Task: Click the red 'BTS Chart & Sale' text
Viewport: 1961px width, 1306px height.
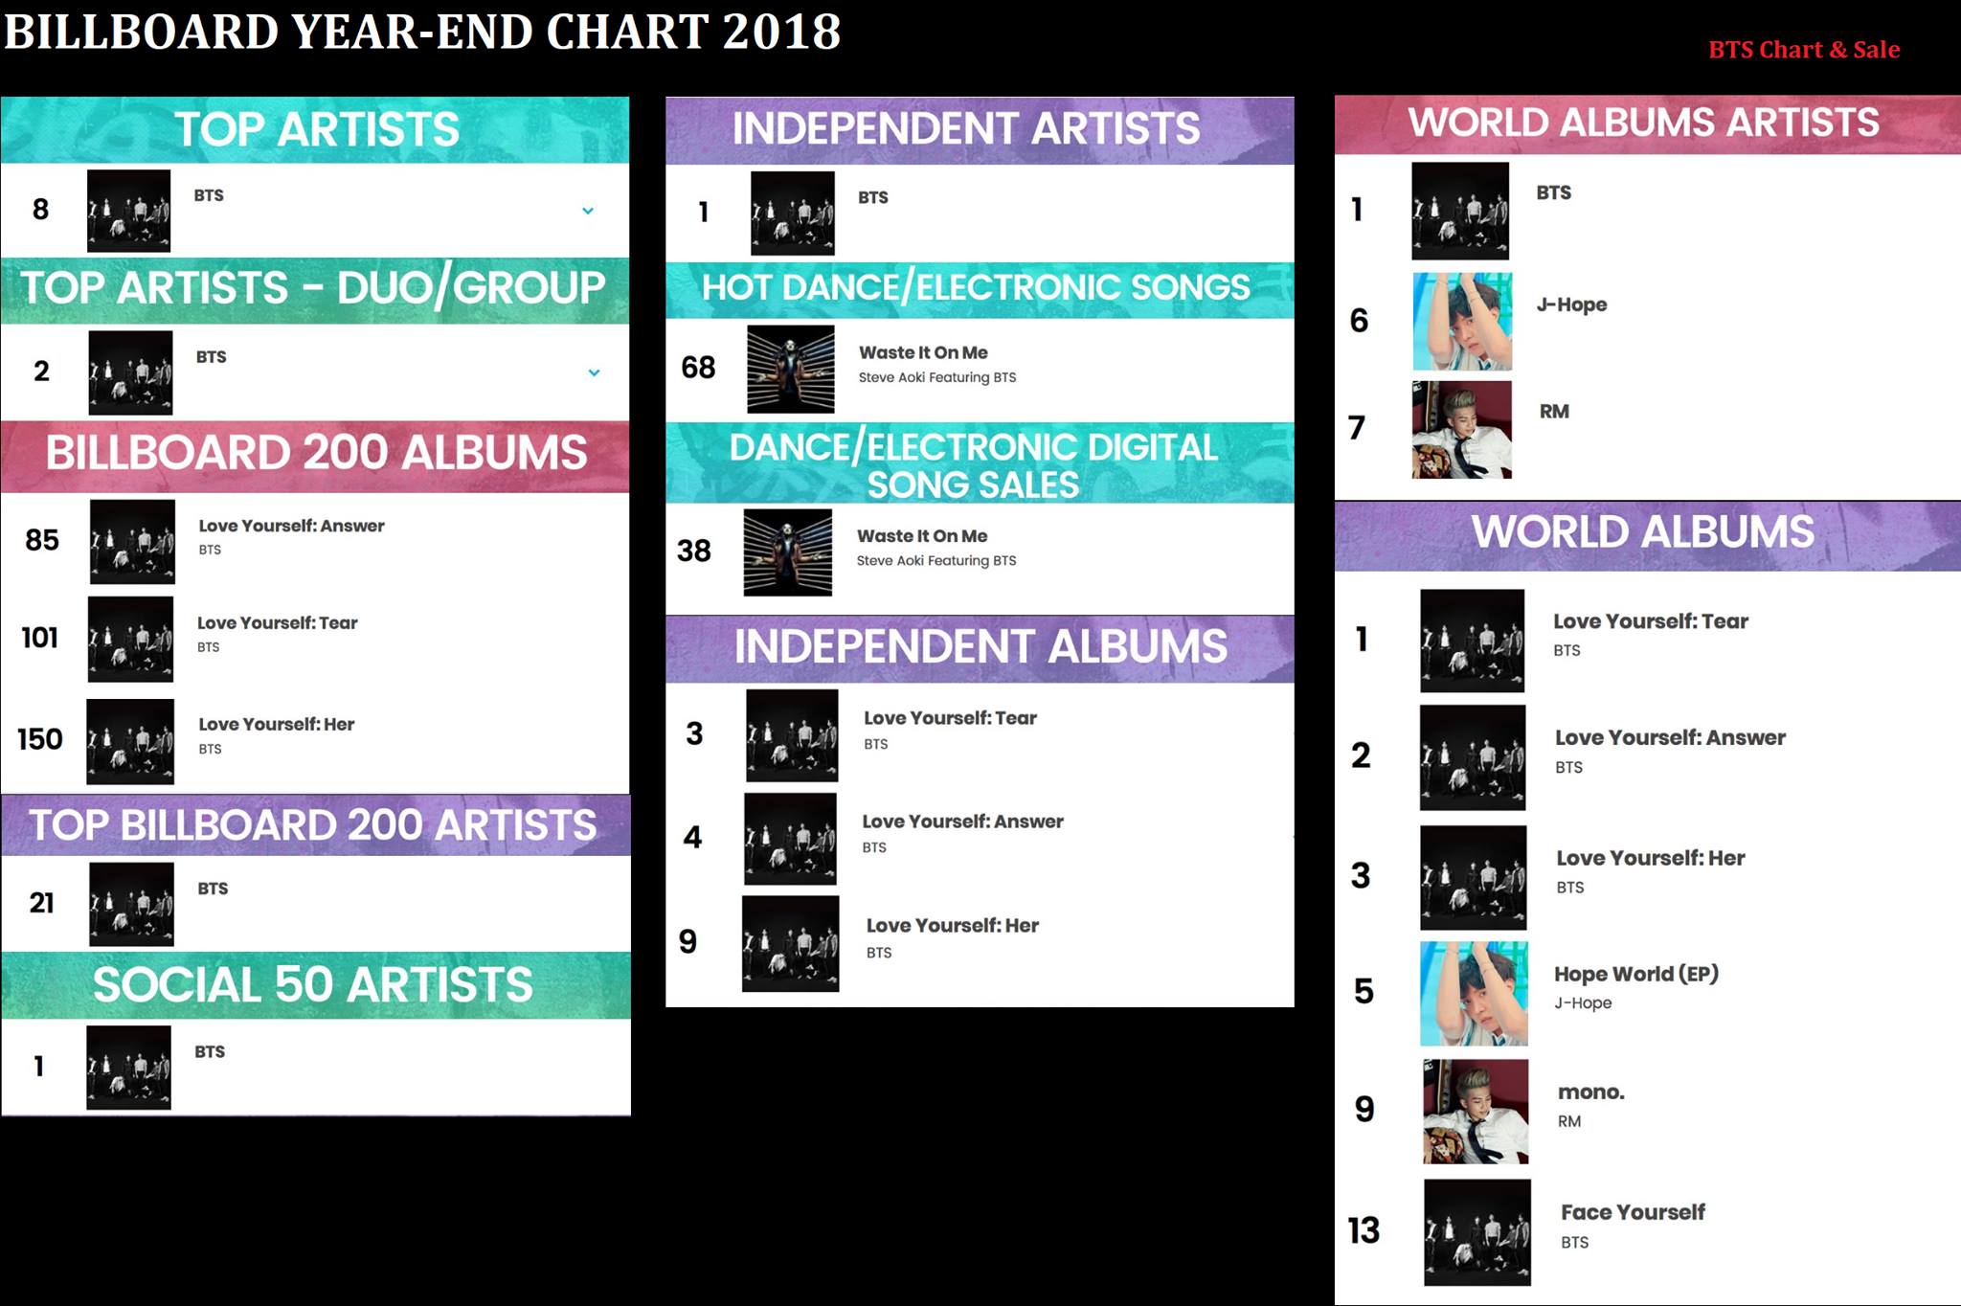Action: pos(1804,50)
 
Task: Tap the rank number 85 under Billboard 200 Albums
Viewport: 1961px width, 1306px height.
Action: pos(42,540)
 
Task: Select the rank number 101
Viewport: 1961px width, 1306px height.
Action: pos(40,638)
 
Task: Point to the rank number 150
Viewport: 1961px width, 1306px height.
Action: pos(40,739)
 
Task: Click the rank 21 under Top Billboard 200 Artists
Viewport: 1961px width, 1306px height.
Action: pos(41,903)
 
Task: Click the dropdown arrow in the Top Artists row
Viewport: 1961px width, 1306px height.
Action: pos(588,211)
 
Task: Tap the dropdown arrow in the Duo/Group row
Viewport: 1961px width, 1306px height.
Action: pos(594,372)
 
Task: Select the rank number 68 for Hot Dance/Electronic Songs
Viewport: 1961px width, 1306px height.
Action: pos(698,368)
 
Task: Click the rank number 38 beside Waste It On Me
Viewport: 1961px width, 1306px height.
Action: pos(694,551)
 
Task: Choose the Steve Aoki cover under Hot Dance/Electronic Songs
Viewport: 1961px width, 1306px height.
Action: pos(790,369)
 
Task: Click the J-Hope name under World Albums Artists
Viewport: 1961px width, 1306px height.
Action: pos(1571,304)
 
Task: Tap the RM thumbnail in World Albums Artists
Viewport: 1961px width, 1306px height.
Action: pos(1461,430)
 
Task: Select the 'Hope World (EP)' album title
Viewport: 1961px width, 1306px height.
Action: pos(1636,974)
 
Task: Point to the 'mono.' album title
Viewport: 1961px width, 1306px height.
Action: pos(1591,1092)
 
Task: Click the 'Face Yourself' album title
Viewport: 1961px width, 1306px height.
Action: pos(1633,1212)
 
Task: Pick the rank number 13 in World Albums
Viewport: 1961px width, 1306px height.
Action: pos(1364,1230)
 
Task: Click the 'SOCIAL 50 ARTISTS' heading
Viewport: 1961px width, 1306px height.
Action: pos(312,985)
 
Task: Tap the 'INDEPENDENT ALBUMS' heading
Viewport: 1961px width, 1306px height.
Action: pos(980,646)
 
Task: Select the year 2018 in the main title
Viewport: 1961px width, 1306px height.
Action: pos(781,32)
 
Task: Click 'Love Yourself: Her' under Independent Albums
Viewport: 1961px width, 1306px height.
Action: pos(953,926)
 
